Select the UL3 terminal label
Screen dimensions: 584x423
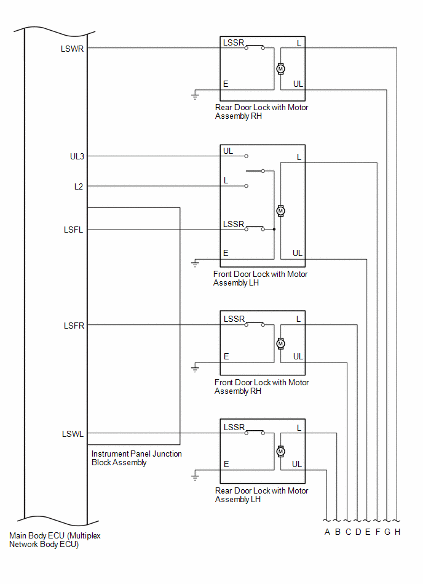point(77,156)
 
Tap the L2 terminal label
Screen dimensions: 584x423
point(79,186)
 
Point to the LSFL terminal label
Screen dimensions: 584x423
point(73,230)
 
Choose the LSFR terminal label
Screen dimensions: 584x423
point(74,326)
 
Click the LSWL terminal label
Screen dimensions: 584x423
point(73,434)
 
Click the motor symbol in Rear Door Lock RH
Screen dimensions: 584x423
point(280,68)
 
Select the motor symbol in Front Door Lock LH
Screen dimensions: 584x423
point(281,211)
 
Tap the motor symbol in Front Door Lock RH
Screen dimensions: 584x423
point(281,343)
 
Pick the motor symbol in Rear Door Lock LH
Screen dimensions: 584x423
point(281,451)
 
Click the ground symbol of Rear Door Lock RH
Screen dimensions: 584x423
point(196,95)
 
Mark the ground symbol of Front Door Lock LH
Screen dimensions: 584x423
point(196,264)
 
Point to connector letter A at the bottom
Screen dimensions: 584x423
point(328,532)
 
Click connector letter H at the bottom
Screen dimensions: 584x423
point(398,532)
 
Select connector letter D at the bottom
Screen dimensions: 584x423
point(358,532)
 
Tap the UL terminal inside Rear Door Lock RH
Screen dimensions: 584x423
point(298,84)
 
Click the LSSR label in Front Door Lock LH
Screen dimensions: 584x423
point(234,224)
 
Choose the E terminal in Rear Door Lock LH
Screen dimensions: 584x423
point(226,465)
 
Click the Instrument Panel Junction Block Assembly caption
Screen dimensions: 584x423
point(136,458)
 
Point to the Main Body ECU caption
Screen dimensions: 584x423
point(55,540)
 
